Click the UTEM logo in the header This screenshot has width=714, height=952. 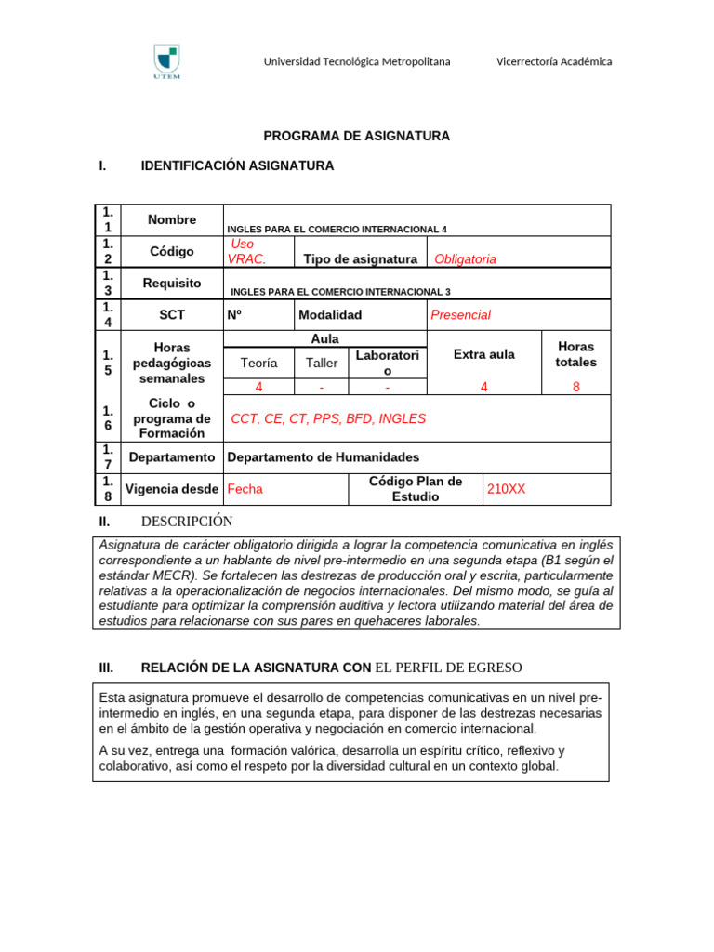166,62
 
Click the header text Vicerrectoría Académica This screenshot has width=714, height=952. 554,61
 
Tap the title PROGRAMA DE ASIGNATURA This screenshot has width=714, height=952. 356,136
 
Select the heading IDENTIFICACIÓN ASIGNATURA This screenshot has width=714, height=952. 237,165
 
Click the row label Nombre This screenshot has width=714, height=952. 172,220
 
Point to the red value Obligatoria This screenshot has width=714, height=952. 458,259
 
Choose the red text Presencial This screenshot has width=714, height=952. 460,315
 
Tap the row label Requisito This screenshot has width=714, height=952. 172,284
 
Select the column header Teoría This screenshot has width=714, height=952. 258,363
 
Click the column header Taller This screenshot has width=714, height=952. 322,363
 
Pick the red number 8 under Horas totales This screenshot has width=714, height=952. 575,387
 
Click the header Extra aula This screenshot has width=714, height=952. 483,354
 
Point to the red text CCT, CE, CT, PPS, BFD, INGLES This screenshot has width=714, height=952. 328,418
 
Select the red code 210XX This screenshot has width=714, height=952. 506,488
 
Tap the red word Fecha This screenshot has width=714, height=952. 245,488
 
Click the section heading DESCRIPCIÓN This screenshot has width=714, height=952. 186,522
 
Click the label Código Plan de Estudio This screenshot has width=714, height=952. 415,488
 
